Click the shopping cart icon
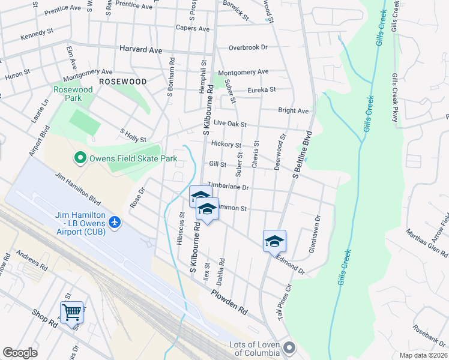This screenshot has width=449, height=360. [71, 312]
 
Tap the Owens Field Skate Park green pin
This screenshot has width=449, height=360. [79, 159]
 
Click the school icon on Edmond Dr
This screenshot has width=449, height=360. [274, 241]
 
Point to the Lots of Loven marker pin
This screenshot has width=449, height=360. [290, 347]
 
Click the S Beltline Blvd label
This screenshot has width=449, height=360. [303, 154]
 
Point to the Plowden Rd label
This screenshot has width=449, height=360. [229, 302]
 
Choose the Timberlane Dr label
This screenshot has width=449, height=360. [228, 187]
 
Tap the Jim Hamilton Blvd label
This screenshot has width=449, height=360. [77, 187]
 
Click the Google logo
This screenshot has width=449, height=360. [20, 353]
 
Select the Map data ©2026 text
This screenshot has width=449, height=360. [423, 355]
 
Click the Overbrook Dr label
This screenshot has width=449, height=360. [247, 47]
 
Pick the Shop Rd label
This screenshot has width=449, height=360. [44, 319]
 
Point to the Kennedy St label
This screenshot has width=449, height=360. [37, 37]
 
